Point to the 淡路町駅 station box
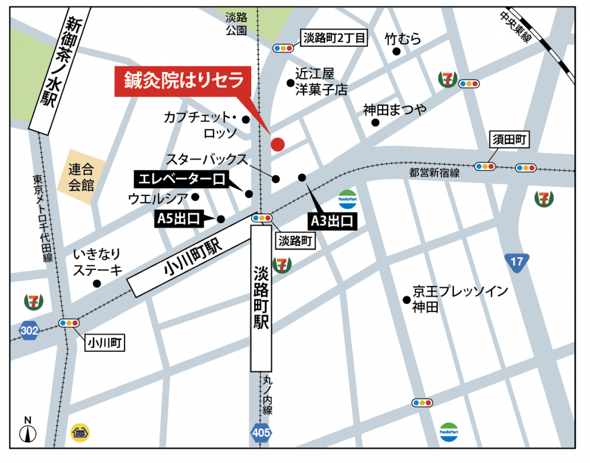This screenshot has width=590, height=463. tap(261, 298)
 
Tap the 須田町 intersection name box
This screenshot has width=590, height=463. tap(510, 139)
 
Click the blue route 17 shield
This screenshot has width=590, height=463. tap(517, 262)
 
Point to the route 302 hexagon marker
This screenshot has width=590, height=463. tap(29, 330)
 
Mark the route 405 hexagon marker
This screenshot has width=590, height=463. tap(261, 432)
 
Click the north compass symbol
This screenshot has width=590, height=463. tap(27, 430)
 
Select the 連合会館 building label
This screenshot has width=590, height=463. tap(81, 177)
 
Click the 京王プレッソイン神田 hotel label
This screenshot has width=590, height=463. tap(460, 299)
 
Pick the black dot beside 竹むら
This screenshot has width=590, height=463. tap(396, 51)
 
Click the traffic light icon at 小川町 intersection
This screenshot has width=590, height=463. tap(68, 323)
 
